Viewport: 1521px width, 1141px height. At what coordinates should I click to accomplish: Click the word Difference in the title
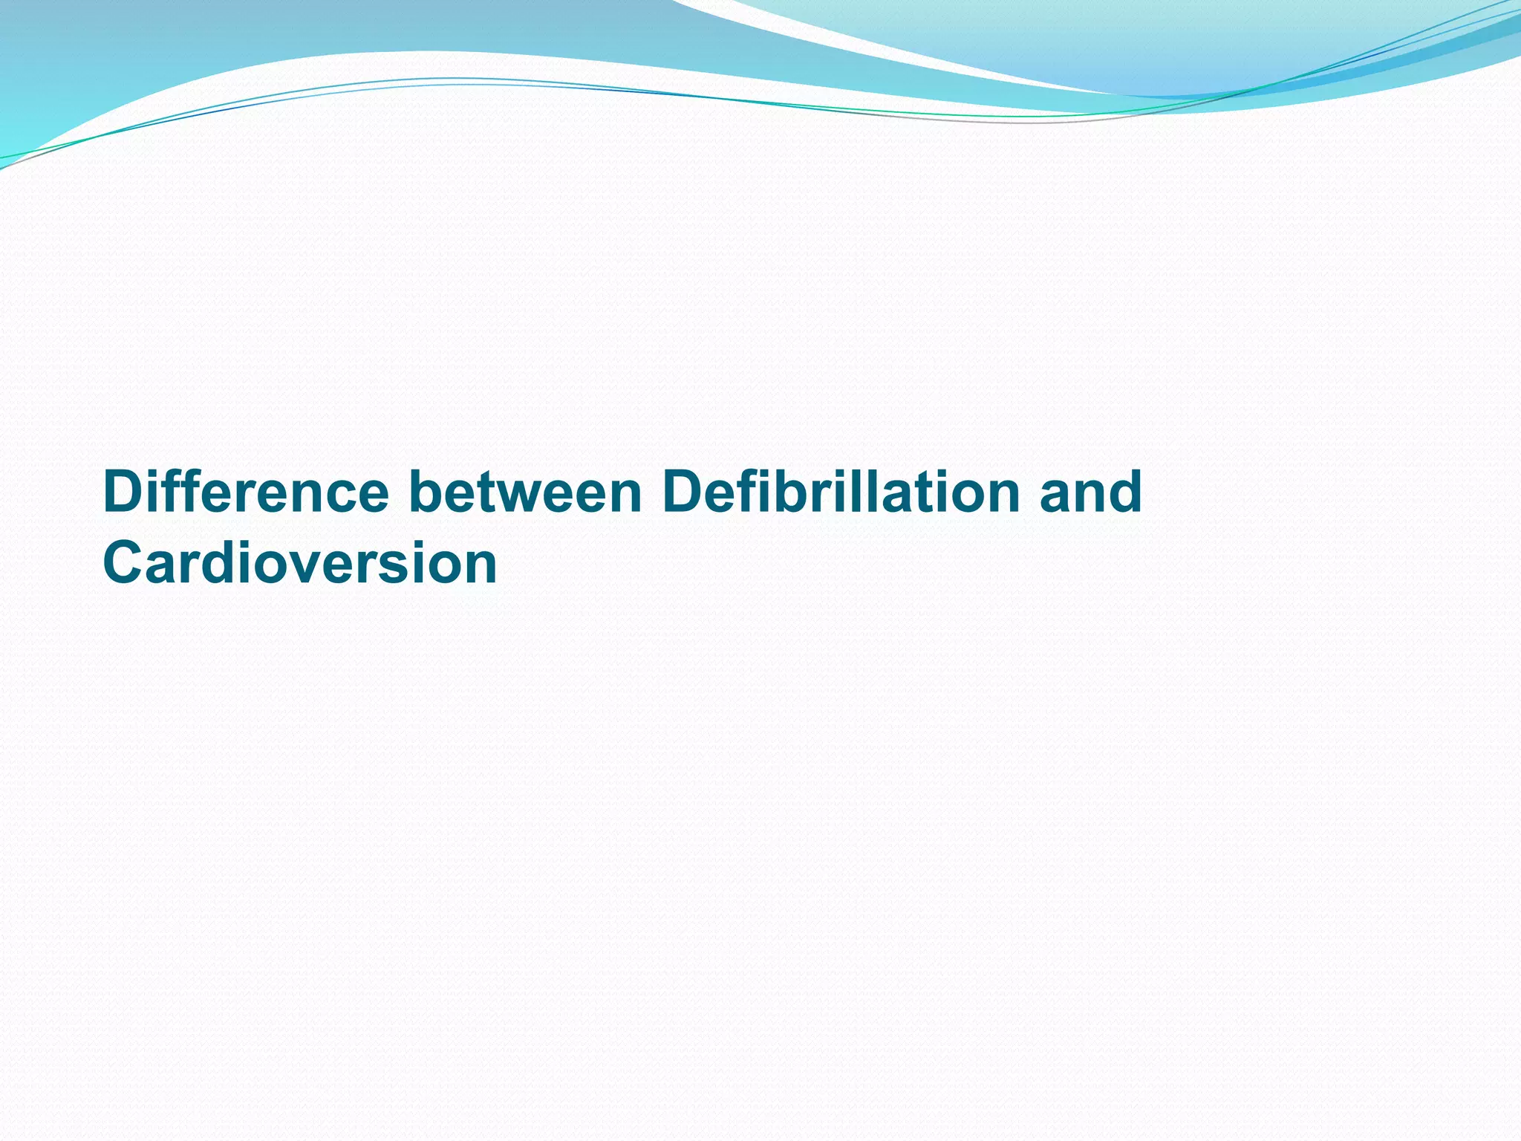click(x=246, y=492)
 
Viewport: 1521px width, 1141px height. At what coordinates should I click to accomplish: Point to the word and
click(x=1090, y=492)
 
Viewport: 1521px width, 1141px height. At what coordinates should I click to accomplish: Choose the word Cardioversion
click(x=300, y=563)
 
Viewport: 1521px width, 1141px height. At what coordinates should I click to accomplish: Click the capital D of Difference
click(x=123, y=492)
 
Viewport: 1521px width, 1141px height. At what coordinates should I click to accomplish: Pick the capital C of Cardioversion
click(x=124, y=563)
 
